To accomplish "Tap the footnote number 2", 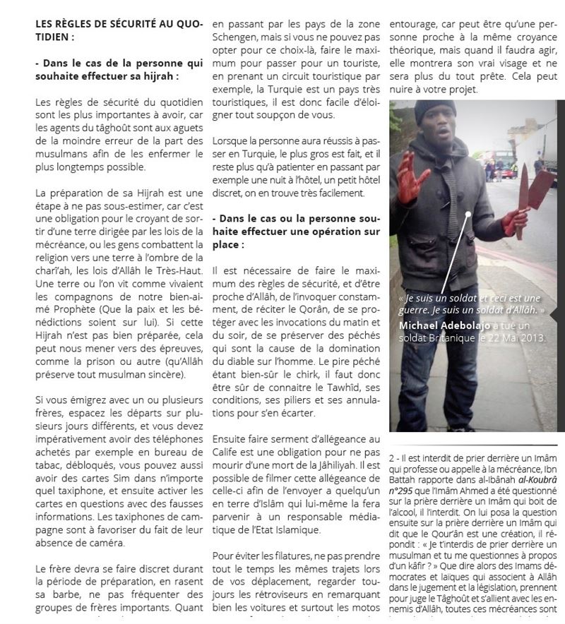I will [392, 459].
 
